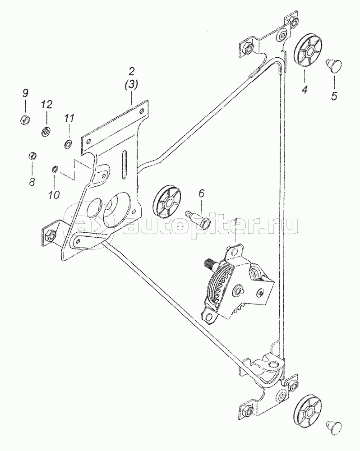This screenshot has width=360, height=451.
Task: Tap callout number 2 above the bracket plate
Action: [131, 71]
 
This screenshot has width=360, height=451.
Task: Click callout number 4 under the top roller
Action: [305, 90]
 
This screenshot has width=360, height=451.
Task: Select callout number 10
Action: [54, 195]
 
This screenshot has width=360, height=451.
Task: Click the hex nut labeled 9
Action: [25, 120]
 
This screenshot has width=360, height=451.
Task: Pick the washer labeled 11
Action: [69, 144]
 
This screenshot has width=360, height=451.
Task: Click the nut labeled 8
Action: [32, 156]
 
